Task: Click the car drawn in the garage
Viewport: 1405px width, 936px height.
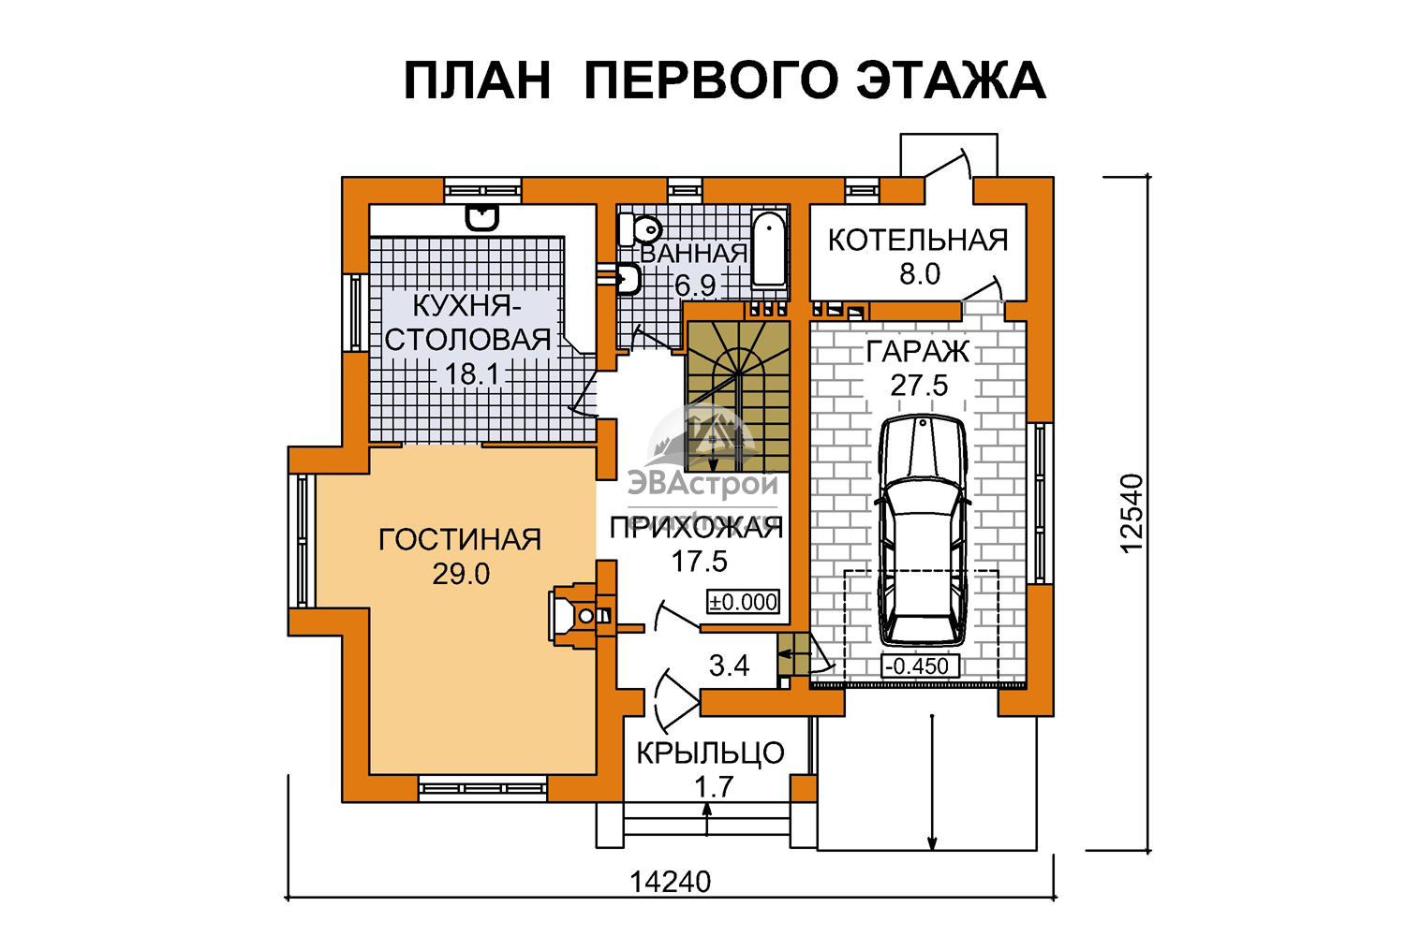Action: coord(922,531)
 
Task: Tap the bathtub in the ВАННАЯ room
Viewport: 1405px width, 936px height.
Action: coord(769,251)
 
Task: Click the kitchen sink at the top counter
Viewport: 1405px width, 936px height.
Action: coord(481,218)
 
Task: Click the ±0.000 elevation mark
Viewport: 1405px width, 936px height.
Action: coord(744,602)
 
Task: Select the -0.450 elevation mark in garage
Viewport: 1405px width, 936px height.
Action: coord(920,666)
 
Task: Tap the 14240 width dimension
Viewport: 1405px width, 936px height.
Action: coord(670,882)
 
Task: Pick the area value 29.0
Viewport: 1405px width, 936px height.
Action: coord(461,574)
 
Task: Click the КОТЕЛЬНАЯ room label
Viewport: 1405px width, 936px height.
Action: coord(918,241)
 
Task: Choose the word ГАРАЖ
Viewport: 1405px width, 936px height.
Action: coord(918,352)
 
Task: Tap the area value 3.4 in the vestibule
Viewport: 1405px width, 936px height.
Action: coord(729,665)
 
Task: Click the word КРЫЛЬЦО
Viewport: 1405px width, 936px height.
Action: coord(711,753)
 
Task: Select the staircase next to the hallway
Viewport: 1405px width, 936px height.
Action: coord(738,396)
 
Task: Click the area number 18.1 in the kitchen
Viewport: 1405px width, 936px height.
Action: coord(472,375)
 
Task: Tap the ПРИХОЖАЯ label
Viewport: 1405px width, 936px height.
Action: coord(697,528)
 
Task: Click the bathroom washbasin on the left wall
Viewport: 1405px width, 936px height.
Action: coord(626,280)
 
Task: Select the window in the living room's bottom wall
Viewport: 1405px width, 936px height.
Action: coord(482,788)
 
